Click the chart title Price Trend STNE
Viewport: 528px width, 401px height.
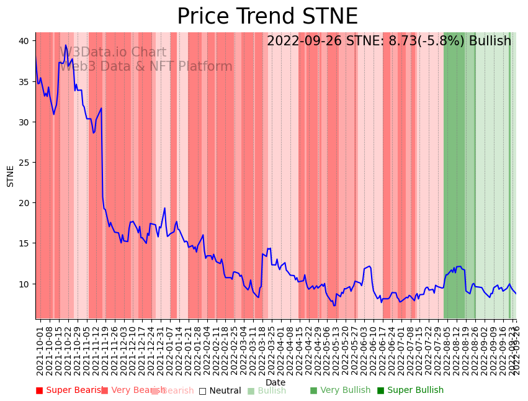click(x=267, y=17)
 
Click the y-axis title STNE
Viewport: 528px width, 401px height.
click(x=11, y=176)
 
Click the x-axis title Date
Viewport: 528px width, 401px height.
click(x=275, y=382)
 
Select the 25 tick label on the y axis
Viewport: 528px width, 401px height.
click(x=24, y=163)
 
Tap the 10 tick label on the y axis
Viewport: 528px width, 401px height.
click(x=24, y=284)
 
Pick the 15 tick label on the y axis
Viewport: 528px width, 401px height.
click(x=24, y=243)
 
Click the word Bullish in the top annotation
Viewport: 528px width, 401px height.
click(x=490, y=41)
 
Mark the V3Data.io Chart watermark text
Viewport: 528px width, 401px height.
click(x=113, y=53)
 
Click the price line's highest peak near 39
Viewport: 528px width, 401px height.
click(x=66, y=45)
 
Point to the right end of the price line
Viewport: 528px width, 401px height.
click(x=516, y=294)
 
